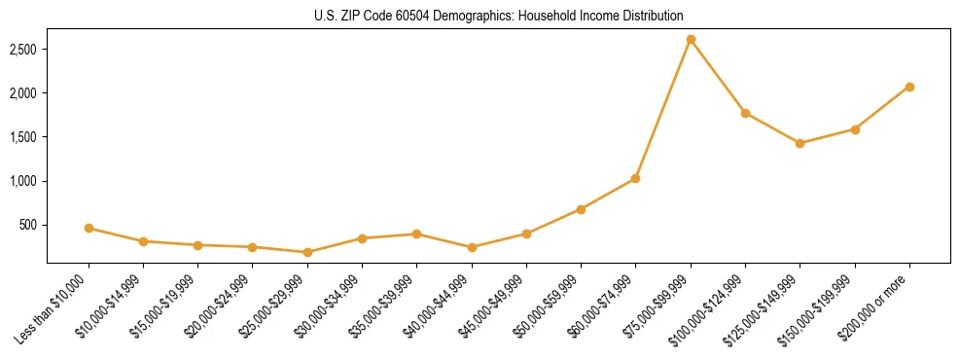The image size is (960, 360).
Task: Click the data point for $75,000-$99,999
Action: click(x=691, y=40)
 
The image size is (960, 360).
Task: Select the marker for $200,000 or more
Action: click(x=909, y=87)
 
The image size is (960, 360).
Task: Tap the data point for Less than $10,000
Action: click(x=89, y=228)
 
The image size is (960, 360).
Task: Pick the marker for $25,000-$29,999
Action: click(x=307, y=252)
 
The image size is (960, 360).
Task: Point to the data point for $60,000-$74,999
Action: click(x=635, y=178)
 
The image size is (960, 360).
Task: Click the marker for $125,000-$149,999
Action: click(x=800, y=143)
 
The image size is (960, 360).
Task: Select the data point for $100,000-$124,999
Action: click(x=745, y=113)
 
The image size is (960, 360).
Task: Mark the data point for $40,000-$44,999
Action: click(x=472, y=247)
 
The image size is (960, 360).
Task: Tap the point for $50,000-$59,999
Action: click(x=581, y=209)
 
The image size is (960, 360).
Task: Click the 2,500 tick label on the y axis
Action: click(x=23, y=49)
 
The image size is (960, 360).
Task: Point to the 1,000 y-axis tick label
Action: click(x=23, y=181)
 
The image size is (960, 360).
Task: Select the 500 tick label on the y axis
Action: click(x=29, y=225)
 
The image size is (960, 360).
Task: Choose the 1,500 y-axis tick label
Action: click(x=23, y=137)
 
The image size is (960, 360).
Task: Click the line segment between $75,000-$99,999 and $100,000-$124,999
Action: click(x=718, y=77)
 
